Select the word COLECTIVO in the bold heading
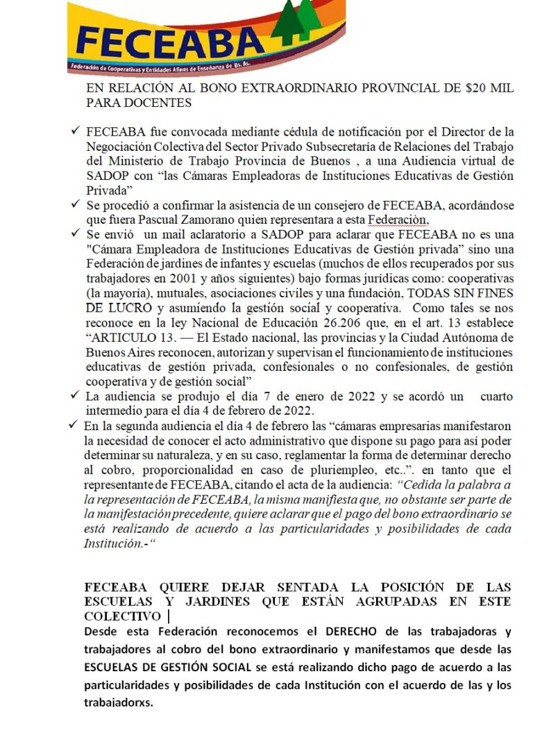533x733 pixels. (x=122, y=616)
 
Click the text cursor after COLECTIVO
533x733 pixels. (x=169, y=616)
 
